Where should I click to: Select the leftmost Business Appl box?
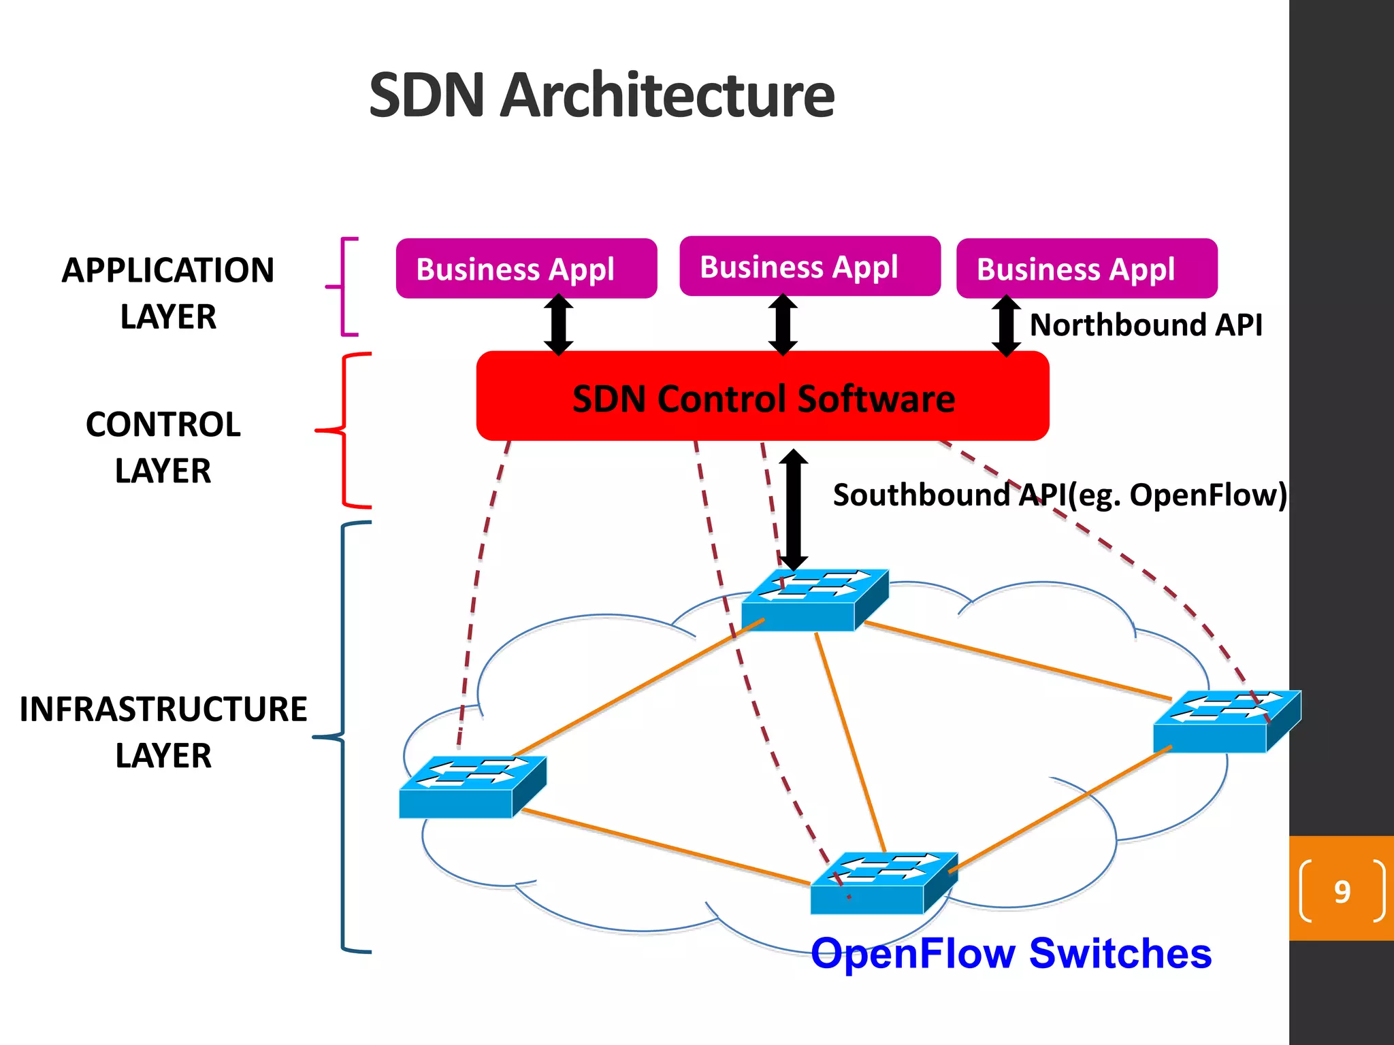click(526, 268)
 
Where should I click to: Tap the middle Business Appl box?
click(810, 266)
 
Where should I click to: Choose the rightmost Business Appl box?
click(1086, 268)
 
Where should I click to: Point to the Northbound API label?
click(1146, 325)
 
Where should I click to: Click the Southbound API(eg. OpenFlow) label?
click(1060, 495)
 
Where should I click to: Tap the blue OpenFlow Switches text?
click(1011, 952)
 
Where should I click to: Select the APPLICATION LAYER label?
click(168, 293)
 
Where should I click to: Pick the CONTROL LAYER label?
click(163, 447)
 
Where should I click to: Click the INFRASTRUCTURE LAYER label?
click(163, 732)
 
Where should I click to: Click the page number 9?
click(1342, 891)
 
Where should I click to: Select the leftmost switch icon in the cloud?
click(472, 786)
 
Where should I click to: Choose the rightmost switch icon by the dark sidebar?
click(1227, 721)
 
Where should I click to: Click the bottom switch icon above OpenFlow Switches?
click(884, 883)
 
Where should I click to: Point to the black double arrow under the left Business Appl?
click(558, 325)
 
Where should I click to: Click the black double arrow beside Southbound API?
click(794, 510)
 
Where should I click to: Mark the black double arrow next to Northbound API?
click(1006, 325)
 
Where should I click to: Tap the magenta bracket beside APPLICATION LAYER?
click(344, 286)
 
